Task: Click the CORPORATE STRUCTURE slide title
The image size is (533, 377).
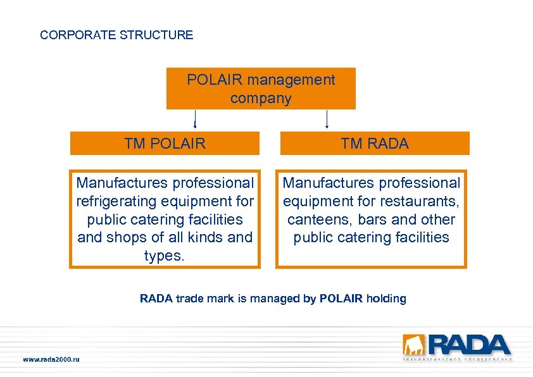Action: point(116,35)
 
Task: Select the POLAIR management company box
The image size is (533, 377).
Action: point(261,89)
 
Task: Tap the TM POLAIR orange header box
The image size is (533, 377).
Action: point(165,144)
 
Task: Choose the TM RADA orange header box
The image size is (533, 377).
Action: point(375,144)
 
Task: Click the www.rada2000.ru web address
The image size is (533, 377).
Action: point(51,359)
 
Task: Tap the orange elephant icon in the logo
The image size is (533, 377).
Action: point(411,345)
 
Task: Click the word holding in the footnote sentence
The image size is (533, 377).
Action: point(385,299)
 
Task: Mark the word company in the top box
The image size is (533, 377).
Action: point(261,99)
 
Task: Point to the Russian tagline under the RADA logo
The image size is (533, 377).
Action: point(457,359)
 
